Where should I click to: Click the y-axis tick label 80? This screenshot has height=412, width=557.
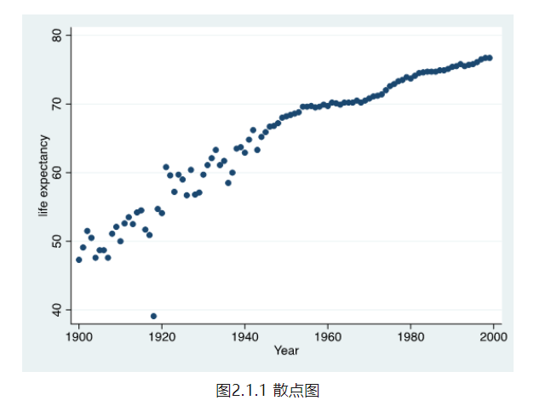coord(57,35)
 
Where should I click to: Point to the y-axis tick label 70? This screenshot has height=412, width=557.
coord(57,104)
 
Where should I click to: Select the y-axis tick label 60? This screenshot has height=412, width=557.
coord(57,173)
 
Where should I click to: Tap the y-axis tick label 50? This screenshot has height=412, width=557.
coord(57,241)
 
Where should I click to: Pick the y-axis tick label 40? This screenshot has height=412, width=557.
coord(57,310)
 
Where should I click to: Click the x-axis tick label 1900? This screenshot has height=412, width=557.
coord(79,335)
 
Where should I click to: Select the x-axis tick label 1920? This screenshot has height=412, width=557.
coord(162,335)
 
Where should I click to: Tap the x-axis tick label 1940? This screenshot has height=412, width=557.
coord(244,335)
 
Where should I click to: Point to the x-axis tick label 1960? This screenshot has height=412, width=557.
coord(328,335)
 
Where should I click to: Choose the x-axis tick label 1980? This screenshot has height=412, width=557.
coord(411,335)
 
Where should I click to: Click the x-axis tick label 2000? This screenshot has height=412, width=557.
coord(493,335)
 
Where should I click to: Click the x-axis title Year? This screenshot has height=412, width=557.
coord(286,350)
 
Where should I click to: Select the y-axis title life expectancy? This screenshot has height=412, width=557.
coord(44,175)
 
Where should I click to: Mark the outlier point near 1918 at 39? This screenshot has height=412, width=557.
coord(153,316)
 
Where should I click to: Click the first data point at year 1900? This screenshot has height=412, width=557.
coord(79,260)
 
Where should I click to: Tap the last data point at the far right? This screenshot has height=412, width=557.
coord(489,58)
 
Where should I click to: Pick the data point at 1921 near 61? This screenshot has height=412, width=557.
coord(166,167)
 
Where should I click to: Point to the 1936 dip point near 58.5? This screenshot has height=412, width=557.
coord(228,182)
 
